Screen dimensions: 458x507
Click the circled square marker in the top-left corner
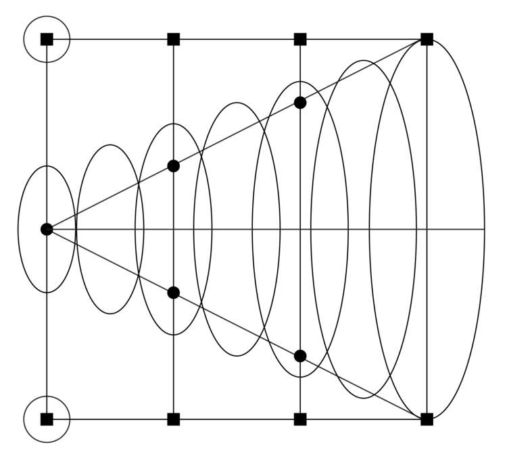click(x=47, y=39)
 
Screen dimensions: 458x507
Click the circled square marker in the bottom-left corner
click(x=47, y=419)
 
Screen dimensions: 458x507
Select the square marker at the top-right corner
click(x=427, y=39)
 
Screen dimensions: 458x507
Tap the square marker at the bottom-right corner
click(x=427, y=419)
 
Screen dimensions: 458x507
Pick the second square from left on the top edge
click(x=174, y=39)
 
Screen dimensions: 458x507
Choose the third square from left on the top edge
click(x=300, y=39)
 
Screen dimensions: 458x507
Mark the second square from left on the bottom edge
click(x=174, y=419)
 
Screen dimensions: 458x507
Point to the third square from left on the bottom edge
click(x=300, y=419)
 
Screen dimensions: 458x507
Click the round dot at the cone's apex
click(x=47, y=230)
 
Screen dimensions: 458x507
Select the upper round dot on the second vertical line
click(x=174, y=166)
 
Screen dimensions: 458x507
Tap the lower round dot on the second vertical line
click(x=174, y=292)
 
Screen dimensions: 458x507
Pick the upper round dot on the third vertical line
click(x=300, y=103)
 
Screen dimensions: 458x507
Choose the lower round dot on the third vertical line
click(x=300, y=356)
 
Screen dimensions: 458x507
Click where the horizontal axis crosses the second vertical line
click(x=174, y=230)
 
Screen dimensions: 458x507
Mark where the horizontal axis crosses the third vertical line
click(x=300, y=230)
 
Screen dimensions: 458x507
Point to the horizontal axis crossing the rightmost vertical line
click(x=427, y=230)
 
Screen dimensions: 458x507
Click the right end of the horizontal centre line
click(x=485, y=230)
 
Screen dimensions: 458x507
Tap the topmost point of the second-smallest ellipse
click(x=110, y=145)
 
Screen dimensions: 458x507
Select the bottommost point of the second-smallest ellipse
click(x=110, y=314)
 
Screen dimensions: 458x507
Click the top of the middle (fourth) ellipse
click(x=237, y=103)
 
